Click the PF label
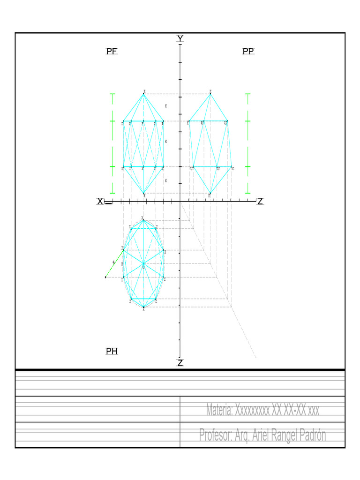[112, 52]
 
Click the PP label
[248, 52]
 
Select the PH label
[112, 351]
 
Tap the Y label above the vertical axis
[180, 38]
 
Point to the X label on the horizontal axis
[100, 202]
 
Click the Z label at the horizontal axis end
[260, 202]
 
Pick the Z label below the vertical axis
[180, 363]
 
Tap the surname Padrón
[308, 435]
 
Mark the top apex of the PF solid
[144, 94]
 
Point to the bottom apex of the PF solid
[144, 193]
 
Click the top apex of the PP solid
[210, 94]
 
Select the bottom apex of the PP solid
[210, 193]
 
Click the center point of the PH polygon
[143, 264]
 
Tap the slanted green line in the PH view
[114, 264]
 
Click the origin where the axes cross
[180, 202]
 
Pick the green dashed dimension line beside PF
[112, 143]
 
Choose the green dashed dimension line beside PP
[248, 143]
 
